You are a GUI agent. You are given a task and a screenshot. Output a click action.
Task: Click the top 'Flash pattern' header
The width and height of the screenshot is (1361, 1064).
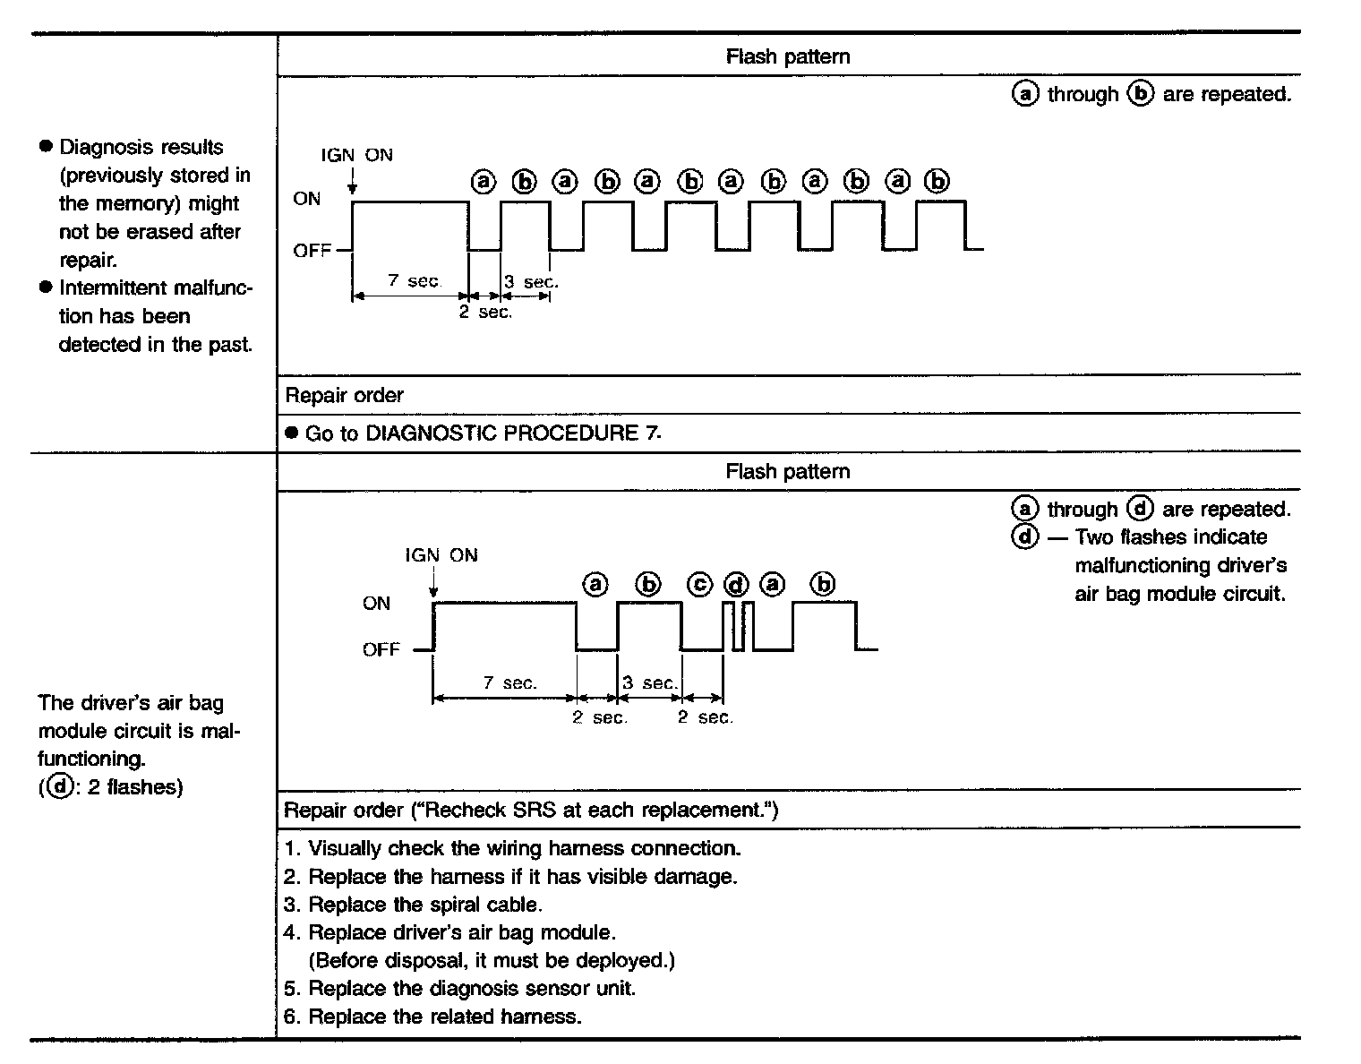pyautogui.click(x=788, y=56)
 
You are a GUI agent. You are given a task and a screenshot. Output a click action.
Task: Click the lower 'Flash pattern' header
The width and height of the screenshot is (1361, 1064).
pyautogui.click(x=788, y=471)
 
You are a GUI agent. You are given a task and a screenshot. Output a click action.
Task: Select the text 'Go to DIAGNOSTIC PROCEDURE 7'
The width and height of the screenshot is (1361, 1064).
pyautogui.click(x=483, y=433)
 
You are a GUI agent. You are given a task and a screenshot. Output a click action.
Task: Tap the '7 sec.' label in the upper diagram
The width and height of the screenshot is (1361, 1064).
pyautogui.click(x=415, y=280)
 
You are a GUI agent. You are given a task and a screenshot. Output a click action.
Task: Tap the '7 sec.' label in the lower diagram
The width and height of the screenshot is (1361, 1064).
pyautogui.click(x=510, y=682)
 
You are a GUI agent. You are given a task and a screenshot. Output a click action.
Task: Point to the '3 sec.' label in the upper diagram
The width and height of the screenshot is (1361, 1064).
pyautogui.click(x=531, y=281)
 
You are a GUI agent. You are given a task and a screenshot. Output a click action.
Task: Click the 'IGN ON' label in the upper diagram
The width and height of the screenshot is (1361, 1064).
pyautogui.click(x=356, y=154)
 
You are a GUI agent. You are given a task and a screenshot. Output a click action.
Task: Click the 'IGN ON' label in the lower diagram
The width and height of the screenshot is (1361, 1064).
pyautogui.click(x=441, y=555)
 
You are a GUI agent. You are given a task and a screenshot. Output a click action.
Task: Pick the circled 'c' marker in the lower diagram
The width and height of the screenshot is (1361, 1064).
pyautogui.click(x=700, y=585)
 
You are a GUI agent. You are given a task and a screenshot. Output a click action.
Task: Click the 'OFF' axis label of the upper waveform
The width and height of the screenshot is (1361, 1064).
pyautogui.click(x=312, y=251)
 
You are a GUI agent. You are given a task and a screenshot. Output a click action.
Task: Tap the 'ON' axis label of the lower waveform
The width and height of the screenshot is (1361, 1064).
pyautogui.click(x=377, y=604)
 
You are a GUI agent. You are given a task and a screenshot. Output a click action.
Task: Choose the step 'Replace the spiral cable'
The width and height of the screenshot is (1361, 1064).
pyautogui.click(x=424, y=905)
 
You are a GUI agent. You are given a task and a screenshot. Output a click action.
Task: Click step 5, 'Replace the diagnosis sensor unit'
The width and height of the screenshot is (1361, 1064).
pyautogui.click(x=471, y=989)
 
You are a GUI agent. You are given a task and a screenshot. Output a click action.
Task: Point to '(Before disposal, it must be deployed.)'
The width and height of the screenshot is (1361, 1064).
pyautogui.click(x=492, y=961)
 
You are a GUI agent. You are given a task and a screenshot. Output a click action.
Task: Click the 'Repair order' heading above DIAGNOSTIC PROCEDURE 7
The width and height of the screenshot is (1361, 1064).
pyautogui.click(x=344, y=395)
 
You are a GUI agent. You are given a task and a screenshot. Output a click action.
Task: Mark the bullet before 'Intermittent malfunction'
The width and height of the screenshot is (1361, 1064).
pyautogui.click(x=47, y=287)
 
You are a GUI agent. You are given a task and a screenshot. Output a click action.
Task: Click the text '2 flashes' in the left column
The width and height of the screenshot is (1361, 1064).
pyautogui.click(x=134, y=787)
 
